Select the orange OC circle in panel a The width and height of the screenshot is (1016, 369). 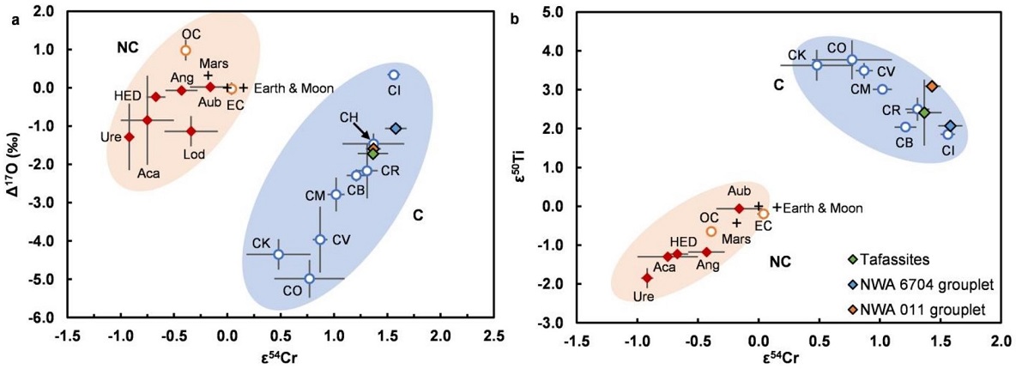click(x=185, y=51)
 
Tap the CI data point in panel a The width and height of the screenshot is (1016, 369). click(x=394, y=76)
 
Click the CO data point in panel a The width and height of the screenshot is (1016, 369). click(x=310, y=279)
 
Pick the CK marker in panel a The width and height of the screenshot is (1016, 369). click(x=278, y=254)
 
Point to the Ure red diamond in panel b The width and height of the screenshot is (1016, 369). click(x=647, y=278)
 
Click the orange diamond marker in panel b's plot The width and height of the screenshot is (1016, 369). click(x=931, y=86)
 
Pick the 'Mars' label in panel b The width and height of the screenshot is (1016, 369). click(x=736, y=238)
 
